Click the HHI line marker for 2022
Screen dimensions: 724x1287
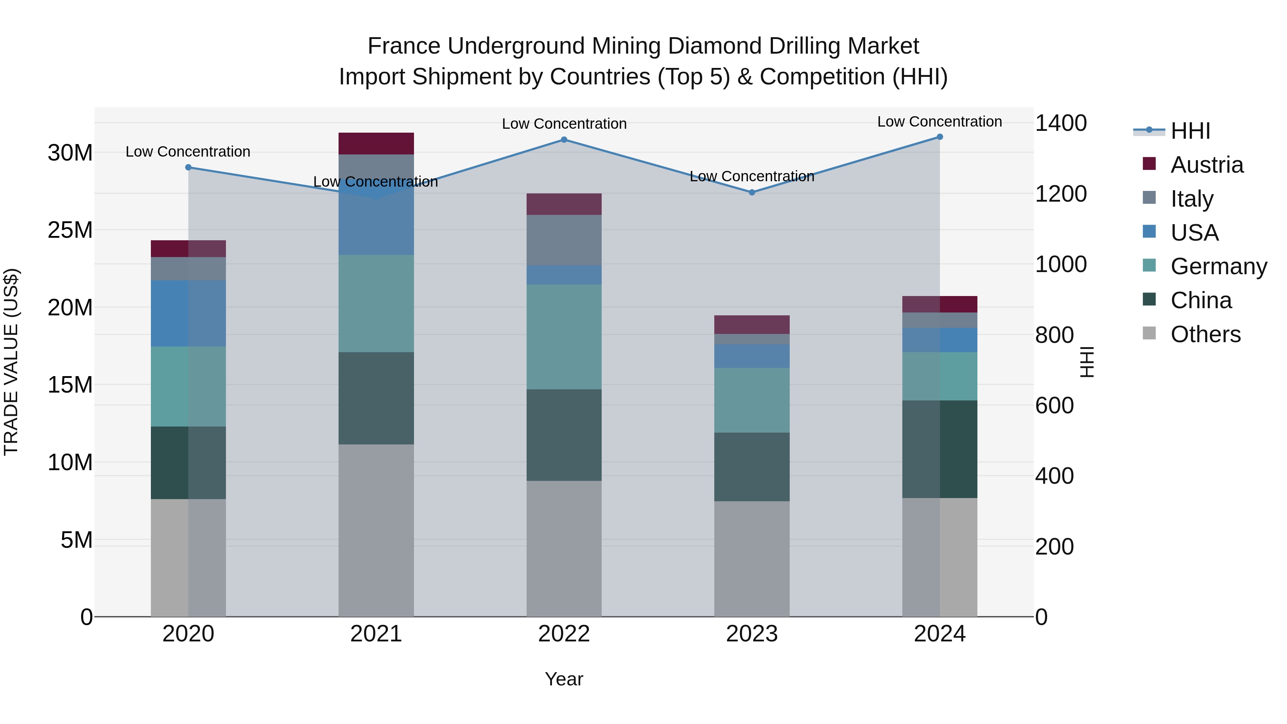[x=564, y=139]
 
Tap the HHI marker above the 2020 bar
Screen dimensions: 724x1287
[x=188, y=167]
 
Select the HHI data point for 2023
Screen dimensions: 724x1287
[x=752, y=192]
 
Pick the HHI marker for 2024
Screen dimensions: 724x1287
[x=940, y=137]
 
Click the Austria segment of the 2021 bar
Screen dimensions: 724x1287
[x=376, y=143]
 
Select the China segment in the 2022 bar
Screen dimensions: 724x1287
[x=564, y=435]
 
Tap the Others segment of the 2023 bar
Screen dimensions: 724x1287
[x=752, y=558]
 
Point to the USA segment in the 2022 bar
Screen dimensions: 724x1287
[x=564, y=275]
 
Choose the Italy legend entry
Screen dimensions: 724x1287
[x=1192, y=198]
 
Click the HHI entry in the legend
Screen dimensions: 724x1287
[x=1190, y=131]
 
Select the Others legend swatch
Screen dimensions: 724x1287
[x=1149, y=333]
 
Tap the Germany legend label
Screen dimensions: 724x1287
[x=1219, y=266]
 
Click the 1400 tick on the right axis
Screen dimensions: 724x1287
[x=1060, y=123]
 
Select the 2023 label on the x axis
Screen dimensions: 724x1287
[x=752, y=634]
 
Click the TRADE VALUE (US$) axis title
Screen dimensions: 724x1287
[x=11, y=362]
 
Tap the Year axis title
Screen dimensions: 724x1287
[x=564, y=679]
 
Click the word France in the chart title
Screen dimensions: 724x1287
[x=404, y=46]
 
